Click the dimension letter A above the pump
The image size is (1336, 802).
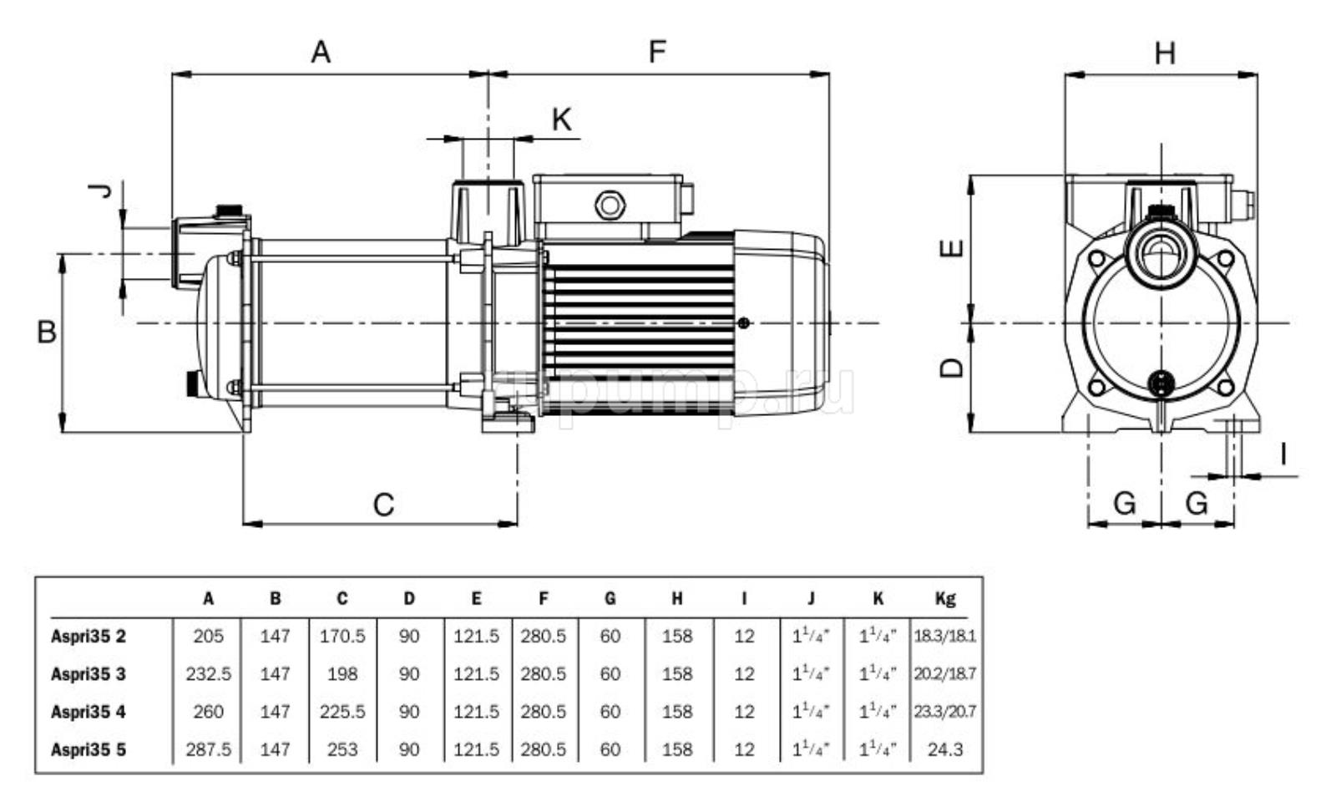pos(321,52)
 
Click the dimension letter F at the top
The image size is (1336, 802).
pos(658,52)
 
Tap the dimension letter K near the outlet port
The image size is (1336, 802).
pos(562,119)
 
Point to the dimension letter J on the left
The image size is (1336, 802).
pos(101,191)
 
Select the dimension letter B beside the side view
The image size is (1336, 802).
pos(47,332)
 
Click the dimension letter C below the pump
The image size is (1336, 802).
pos(383,505)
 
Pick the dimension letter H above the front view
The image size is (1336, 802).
pos(1165,53)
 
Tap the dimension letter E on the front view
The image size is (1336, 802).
pos(953,248)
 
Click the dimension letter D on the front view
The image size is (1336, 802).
pos(953,368)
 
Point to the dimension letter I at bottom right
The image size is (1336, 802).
pos(1283,454)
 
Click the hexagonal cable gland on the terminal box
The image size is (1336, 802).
pos(608,205)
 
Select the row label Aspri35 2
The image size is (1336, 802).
pos(89,637)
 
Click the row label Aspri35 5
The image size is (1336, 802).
pos(89,749)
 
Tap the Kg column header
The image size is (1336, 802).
pos(945,598)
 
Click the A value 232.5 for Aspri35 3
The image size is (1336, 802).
pos(208,674)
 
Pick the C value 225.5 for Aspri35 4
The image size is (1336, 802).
pos(342,712)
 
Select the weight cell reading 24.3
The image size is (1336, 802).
pos(945,749)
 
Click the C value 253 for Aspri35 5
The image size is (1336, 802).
pos(342,749)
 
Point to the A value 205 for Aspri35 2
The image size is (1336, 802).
pos(208,637)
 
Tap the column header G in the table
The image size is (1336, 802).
pos(610,598)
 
